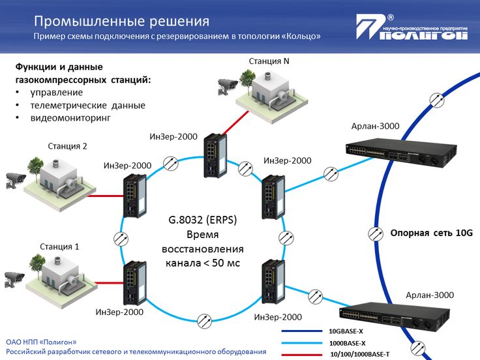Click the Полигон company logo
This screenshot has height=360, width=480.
point(412,29)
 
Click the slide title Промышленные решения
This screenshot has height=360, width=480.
point(121,22)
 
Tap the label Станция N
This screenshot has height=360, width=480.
point(269,61)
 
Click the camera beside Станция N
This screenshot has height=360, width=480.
point(228,85)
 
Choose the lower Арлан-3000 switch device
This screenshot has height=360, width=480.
point(404,316)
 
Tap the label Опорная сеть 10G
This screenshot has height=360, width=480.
point(430,233)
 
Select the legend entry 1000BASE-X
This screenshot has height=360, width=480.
point(347,343)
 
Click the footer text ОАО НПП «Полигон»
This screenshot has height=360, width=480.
point(41,341)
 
